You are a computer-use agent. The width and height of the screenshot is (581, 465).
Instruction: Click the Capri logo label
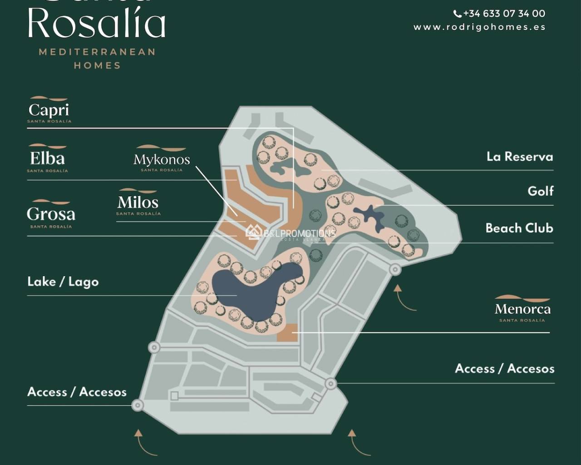click(49, 110)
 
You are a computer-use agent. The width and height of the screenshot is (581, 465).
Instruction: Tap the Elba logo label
click(47, 159)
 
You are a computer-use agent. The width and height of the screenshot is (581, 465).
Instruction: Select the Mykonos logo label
click(162, 159)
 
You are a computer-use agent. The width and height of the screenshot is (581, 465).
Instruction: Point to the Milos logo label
click(138, 203)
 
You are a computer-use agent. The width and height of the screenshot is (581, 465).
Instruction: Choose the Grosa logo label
click(51, 214)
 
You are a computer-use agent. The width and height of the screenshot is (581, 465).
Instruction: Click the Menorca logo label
click(522, 310)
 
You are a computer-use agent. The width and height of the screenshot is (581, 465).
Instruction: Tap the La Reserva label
click(520, 157)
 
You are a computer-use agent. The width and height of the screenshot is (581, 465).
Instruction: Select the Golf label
click(540, 191)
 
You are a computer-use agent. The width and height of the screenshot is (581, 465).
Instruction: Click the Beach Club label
click(519, 228)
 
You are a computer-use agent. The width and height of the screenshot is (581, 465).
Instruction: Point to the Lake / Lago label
click(63, 282)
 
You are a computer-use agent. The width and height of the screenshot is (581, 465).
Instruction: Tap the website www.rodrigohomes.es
click(479, 27)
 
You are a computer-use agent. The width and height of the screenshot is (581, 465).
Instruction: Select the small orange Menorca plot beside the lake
click(287, 333)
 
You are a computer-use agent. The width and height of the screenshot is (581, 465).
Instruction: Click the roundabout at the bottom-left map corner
click(138, 405)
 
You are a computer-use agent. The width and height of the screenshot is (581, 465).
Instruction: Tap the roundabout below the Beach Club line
click(395, 270)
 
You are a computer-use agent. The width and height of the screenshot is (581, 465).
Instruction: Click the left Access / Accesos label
click(77, 392)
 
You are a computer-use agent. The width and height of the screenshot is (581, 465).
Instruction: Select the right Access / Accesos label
click(504, 369)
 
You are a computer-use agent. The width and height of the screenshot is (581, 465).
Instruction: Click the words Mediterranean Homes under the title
click(97, 59)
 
